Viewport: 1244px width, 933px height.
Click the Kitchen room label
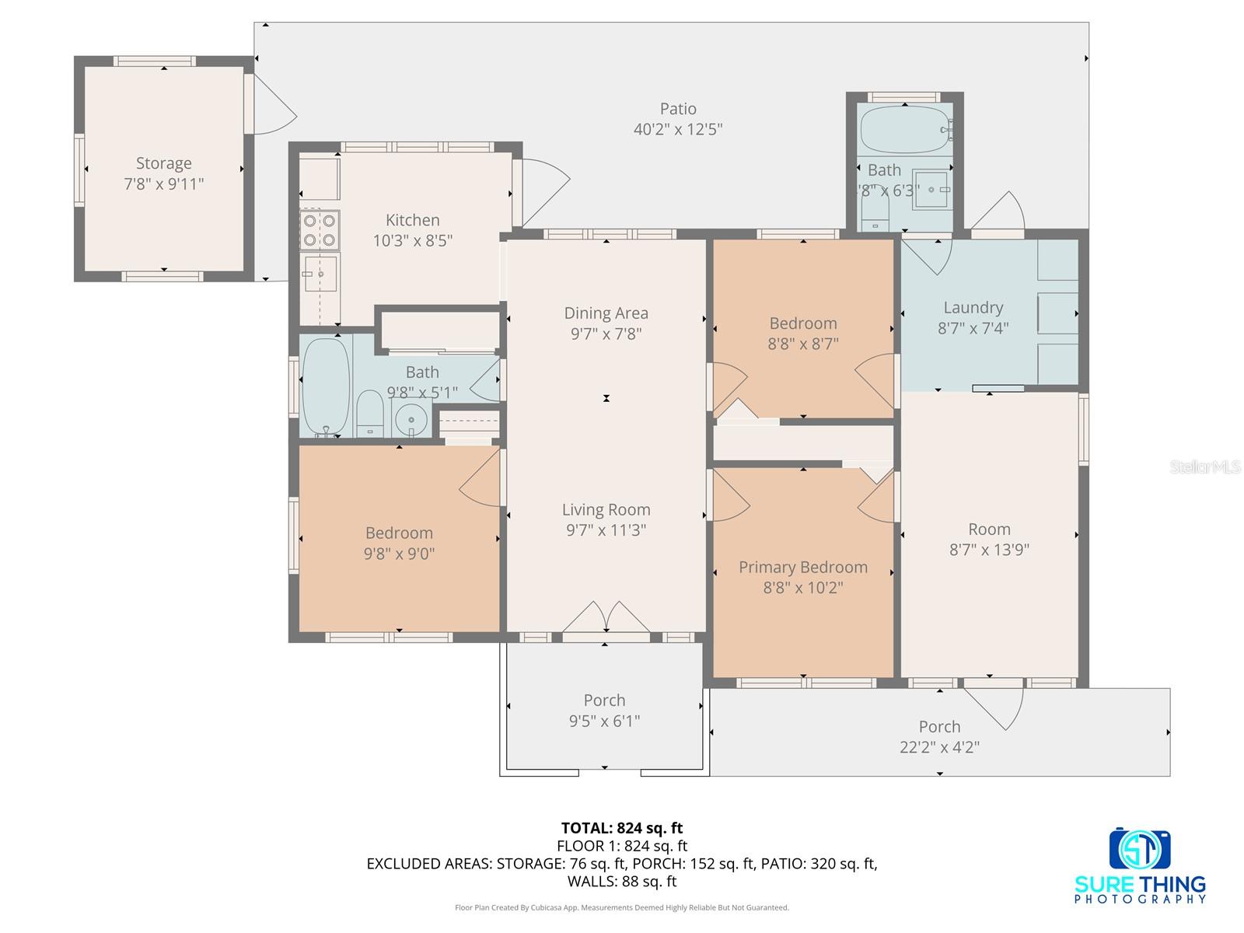(413, 221)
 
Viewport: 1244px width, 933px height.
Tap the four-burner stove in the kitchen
(320, 229)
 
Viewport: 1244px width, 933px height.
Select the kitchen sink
(320, 273)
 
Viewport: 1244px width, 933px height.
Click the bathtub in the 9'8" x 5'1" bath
(325, 386)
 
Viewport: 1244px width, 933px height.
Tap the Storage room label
(164, 163)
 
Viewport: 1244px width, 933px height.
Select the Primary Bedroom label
(803, 568)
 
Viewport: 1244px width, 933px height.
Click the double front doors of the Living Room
(606, 617)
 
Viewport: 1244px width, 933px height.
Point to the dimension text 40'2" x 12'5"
(678, 130)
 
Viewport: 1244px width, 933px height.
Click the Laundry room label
(973, 308)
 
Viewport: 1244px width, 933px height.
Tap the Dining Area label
(606, 313)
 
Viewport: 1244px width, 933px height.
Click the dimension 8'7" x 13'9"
(989, 550)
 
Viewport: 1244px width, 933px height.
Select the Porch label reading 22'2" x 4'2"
(939, 737)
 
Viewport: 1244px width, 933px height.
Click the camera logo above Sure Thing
(1140, 849)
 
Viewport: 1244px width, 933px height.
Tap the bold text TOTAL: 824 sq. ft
(622, 828)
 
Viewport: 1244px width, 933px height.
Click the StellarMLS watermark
(1205, 466)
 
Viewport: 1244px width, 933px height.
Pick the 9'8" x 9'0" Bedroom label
(399, 543)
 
